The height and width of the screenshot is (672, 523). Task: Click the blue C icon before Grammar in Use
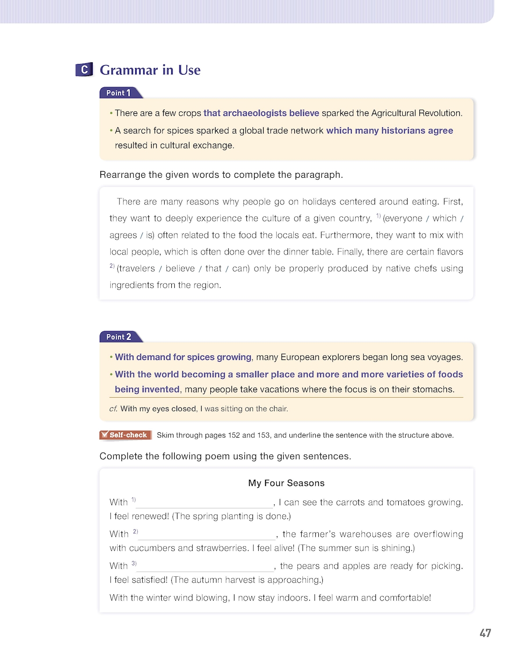tap(84, 69)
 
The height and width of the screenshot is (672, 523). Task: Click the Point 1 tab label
tap(119, 93)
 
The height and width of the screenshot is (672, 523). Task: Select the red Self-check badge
tap(125, 435)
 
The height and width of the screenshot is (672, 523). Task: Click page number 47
tap(485, 633)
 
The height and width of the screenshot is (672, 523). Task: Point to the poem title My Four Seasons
tap(286, 483)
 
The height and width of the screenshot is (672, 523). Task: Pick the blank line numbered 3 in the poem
tap(205, 567)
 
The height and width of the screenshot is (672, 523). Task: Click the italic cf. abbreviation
tap(113, 409)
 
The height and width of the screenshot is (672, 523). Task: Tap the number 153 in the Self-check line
tap(263, 435)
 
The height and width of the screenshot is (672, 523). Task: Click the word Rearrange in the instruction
tap(123, 175)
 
